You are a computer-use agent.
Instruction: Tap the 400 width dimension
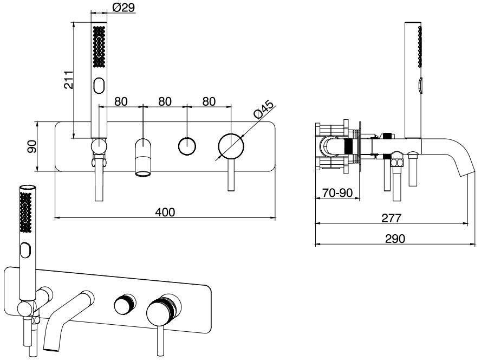point(165,212)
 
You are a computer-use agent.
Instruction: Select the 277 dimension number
point(391,218)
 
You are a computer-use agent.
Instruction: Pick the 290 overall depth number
point(396,239)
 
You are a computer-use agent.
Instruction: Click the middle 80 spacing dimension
point(165,101)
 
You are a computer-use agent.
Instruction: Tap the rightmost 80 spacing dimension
point(209,101)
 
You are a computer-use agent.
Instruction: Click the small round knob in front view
point(187,146)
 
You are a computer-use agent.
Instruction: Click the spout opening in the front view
point(143,173)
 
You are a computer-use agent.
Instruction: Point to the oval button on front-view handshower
point(99,86)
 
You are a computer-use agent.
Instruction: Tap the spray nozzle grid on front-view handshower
point(99,47)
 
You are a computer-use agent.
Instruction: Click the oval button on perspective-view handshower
point(25,251)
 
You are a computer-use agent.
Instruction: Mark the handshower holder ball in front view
point(99,145)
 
